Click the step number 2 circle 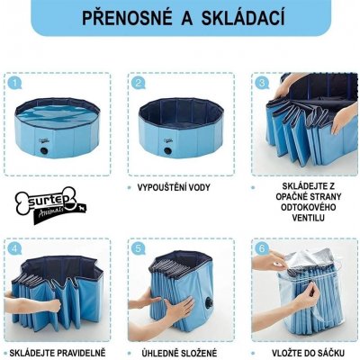138,83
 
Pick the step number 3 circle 261,83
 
